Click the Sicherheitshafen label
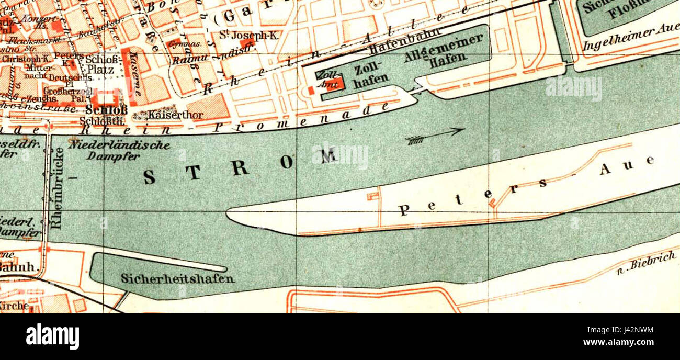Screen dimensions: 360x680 tap(177, 278)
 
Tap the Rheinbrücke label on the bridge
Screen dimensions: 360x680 tap(58, 188)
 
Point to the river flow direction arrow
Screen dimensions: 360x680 tap(435, 136)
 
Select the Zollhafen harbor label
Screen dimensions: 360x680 tap(372, 74)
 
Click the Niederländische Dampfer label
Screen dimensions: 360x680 tap(120, 150)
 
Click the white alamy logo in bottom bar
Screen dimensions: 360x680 tap(52, 336)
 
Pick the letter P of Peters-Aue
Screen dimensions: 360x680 tap(404, 210)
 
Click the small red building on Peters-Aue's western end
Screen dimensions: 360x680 tap(372, 196)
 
